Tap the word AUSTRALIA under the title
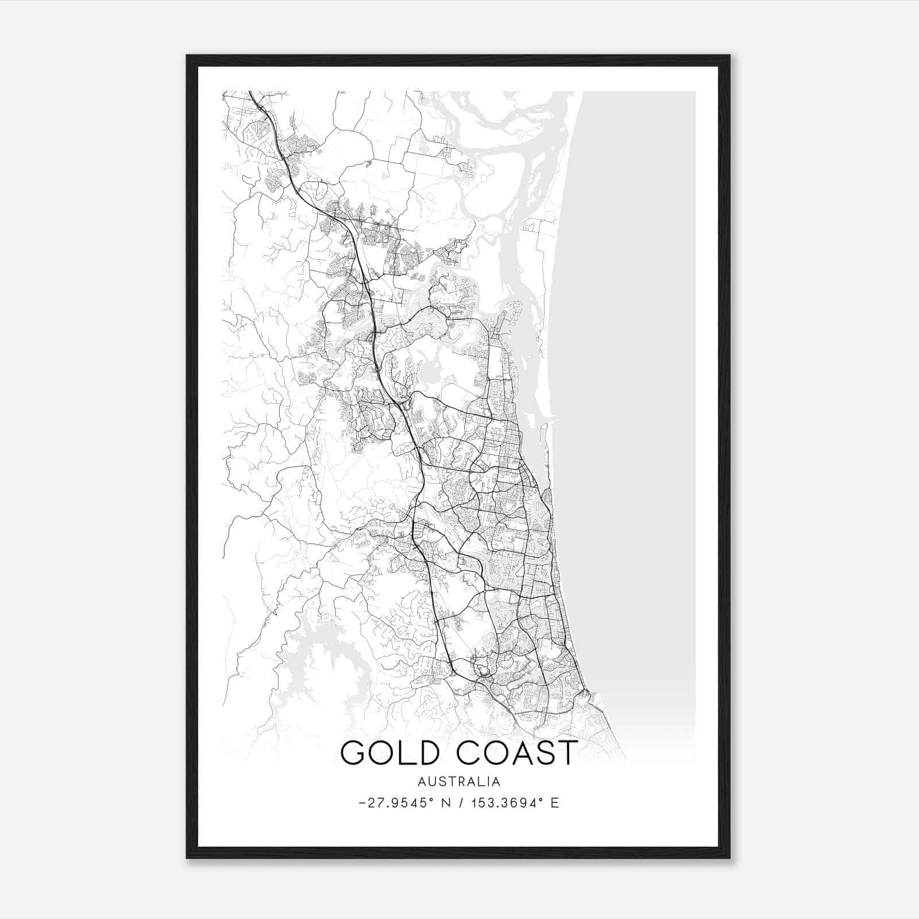click(x=459, y=782)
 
